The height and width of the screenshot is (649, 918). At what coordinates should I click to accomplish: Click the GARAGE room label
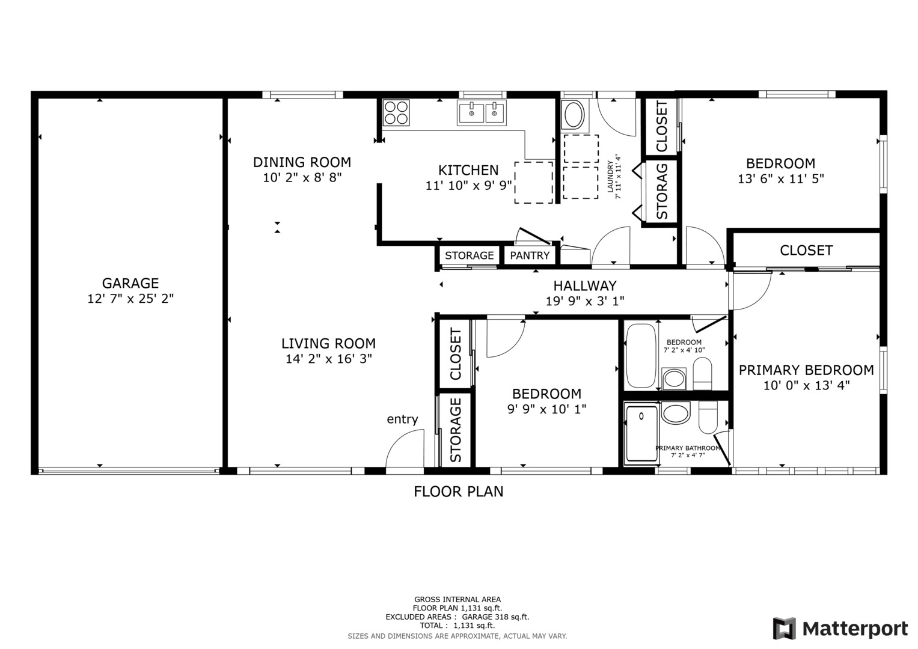[x=130, y=283]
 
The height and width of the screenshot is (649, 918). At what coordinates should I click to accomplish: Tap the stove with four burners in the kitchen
[x=396, y=112]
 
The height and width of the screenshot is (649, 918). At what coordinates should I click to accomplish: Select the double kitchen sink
[x=482, y=112]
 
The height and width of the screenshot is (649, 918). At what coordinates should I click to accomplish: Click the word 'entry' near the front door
[x=402, y=419]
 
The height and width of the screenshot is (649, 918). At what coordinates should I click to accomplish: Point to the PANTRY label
[x=530, y=255]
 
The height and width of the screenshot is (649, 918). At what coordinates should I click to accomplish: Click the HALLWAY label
[x=584, y=286]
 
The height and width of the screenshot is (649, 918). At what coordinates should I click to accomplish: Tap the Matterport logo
[x=840, y=629]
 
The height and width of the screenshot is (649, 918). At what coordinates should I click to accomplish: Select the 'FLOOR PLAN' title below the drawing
[x=458, y=492]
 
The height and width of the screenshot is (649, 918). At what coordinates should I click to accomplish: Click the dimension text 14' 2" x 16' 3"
[x=329, y=359]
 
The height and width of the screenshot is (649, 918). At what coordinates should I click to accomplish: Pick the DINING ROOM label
[x=302, y=162]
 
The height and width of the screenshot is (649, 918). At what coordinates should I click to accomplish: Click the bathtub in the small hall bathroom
[x=641, y=356]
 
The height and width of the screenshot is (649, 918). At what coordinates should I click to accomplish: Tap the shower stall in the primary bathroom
[x=641, y=433]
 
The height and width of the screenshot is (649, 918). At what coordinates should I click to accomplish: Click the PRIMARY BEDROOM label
[x=806, y=370]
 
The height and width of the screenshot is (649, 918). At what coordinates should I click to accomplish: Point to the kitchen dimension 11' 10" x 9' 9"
[x=468, y=186]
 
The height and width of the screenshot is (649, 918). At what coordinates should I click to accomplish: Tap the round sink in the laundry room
[x=573, y=115]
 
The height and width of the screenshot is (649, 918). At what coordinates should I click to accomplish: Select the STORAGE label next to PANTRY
[x=469, y=255]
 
